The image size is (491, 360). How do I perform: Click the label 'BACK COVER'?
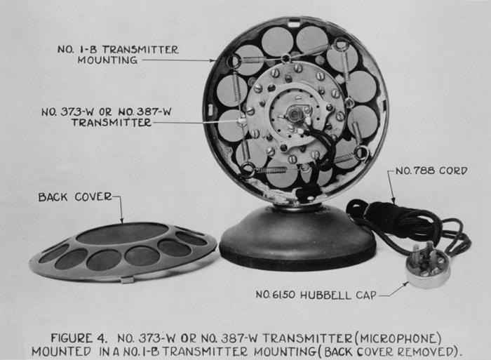point(75,197)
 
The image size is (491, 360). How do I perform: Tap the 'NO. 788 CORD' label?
point(431,171)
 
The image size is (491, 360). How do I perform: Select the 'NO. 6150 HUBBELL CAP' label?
point(316,295)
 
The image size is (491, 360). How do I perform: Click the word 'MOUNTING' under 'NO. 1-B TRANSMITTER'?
point(108,60)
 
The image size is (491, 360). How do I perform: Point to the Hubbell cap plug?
point(428,267)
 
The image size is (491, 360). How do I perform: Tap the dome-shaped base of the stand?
point(297,238)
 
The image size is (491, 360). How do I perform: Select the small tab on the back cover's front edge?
point(128,279)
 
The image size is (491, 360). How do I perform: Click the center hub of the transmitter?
point(295,114)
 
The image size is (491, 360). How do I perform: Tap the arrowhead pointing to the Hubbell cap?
point(406,284)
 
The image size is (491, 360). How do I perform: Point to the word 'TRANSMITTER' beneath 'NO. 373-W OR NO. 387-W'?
point(112,122)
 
